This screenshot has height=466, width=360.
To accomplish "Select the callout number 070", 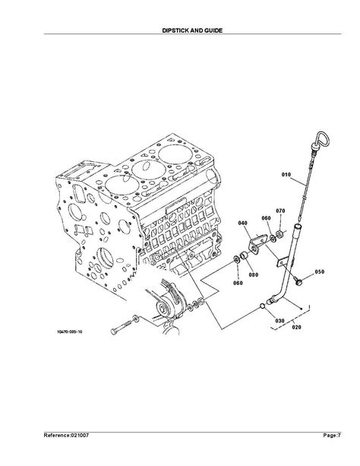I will [x=280, y=211].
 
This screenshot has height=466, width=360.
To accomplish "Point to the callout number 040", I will [x=243, y=223].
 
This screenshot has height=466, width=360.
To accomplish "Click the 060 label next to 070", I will [x=266, y=217].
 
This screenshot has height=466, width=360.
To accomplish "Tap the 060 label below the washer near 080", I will [x=238, y=283].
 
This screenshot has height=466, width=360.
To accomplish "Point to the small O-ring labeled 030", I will [x=262, y=306].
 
